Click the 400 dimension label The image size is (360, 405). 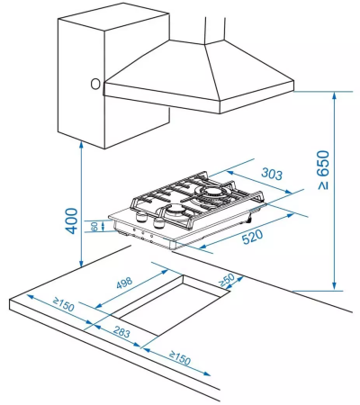coord(71,220)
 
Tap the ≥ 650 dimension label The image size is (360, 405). coord(323,170)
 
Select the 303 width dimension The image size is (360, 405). coord(272,174)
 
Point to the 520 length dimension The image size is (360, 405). coord(252,237)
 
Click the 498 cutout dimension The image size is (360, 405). coord(124,283)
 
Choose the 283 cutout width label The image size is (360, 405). coord(121,332)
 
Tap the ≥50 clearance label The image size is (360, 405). coord(227,280)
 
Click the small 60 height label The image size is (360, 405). coord(94,226)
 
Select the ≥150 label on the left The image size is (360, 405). coord(63,304)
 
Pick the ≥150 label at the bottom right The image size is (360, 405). coord(180,357)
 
